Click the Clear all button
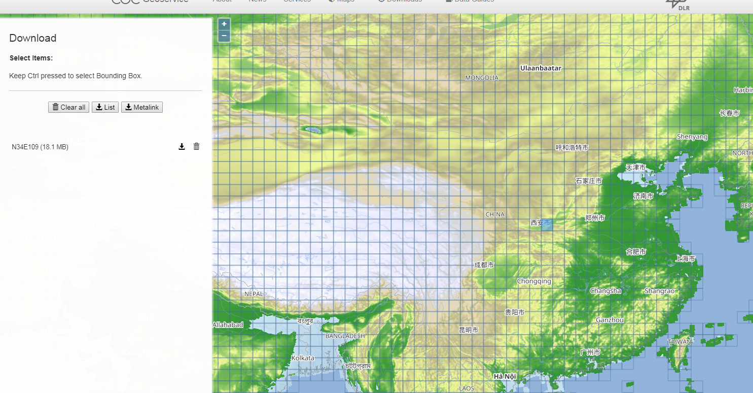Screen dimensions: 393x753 [69, 107]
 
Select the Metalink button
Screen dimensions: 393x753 [142, 107]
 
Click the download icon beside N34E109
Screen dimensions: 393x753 [182, 147]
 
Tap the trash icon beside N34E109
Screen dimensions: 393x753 [197, 147]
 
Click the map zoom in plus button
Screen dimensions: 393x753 [224, 24]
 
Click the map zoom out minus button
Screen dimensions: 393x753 [224, 36]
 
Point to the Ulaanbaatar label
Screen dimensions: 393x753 [541, 68]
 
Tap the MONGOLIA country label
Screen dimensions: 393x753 [482, 78]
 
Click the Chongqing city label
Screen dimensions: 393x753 [534, 281]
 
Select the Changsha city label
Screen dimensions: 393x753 [605, 291]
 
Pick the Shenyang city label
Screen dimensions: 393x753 [692, 137]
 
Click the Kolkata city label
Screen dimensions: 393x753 [303, 358]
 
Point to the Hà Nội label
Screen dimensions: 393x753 [505, 376]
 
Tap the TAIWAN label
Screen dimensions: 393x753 [679, 342]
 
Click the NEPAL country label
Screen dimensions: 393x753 [254, 294]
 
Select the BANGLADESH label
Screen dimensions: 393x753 [345, 336]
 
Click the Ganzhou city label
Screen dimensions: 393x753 [610, 320]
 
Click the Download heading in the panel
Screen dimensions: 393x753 [33, 38]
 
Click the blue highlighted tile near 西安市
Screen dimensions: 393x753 [547, 225]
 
